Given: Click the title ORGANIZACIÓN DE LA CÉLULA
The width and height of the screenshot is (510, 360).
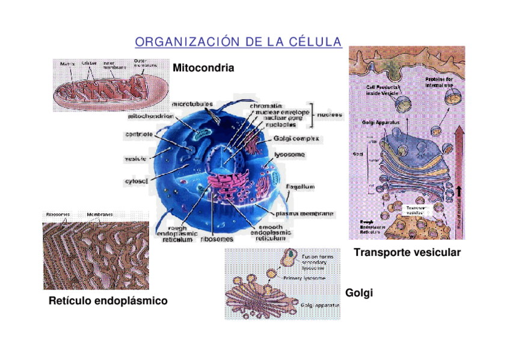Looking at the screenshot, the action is [x=238, y=42].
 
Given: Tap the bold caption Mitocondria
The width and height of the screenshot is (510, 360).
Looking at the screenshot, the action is [x=203, y=68].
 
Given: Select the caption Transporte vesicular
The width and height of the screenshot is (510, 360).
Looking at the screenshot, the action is [x=407, y=252].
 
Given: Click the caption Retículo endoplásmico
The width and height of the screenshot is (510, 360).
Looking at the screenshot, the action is [x=108, y=300].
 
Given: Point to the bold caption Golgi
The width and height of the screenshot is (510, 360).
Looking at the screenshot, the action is [x=360, y=293].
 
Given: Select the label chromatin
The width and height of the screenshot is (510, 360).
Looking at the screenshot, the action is [x=266, y=105].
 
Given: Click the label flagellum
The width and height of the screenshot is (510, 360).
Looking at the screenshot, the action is [x=300, y=186].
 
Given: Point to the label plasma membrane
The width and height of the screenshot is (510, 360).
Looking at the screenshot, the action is [x=304, y=213].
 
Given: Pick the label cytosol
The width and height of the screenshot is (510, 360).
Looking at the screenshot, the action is [x=137, y=181].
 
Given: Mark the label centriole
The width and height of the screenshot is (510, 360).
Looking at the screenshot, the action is [x=138, y=135].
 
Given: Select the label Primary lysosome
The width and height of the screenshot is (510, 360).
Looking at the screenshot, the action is [x=304, y=279].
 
